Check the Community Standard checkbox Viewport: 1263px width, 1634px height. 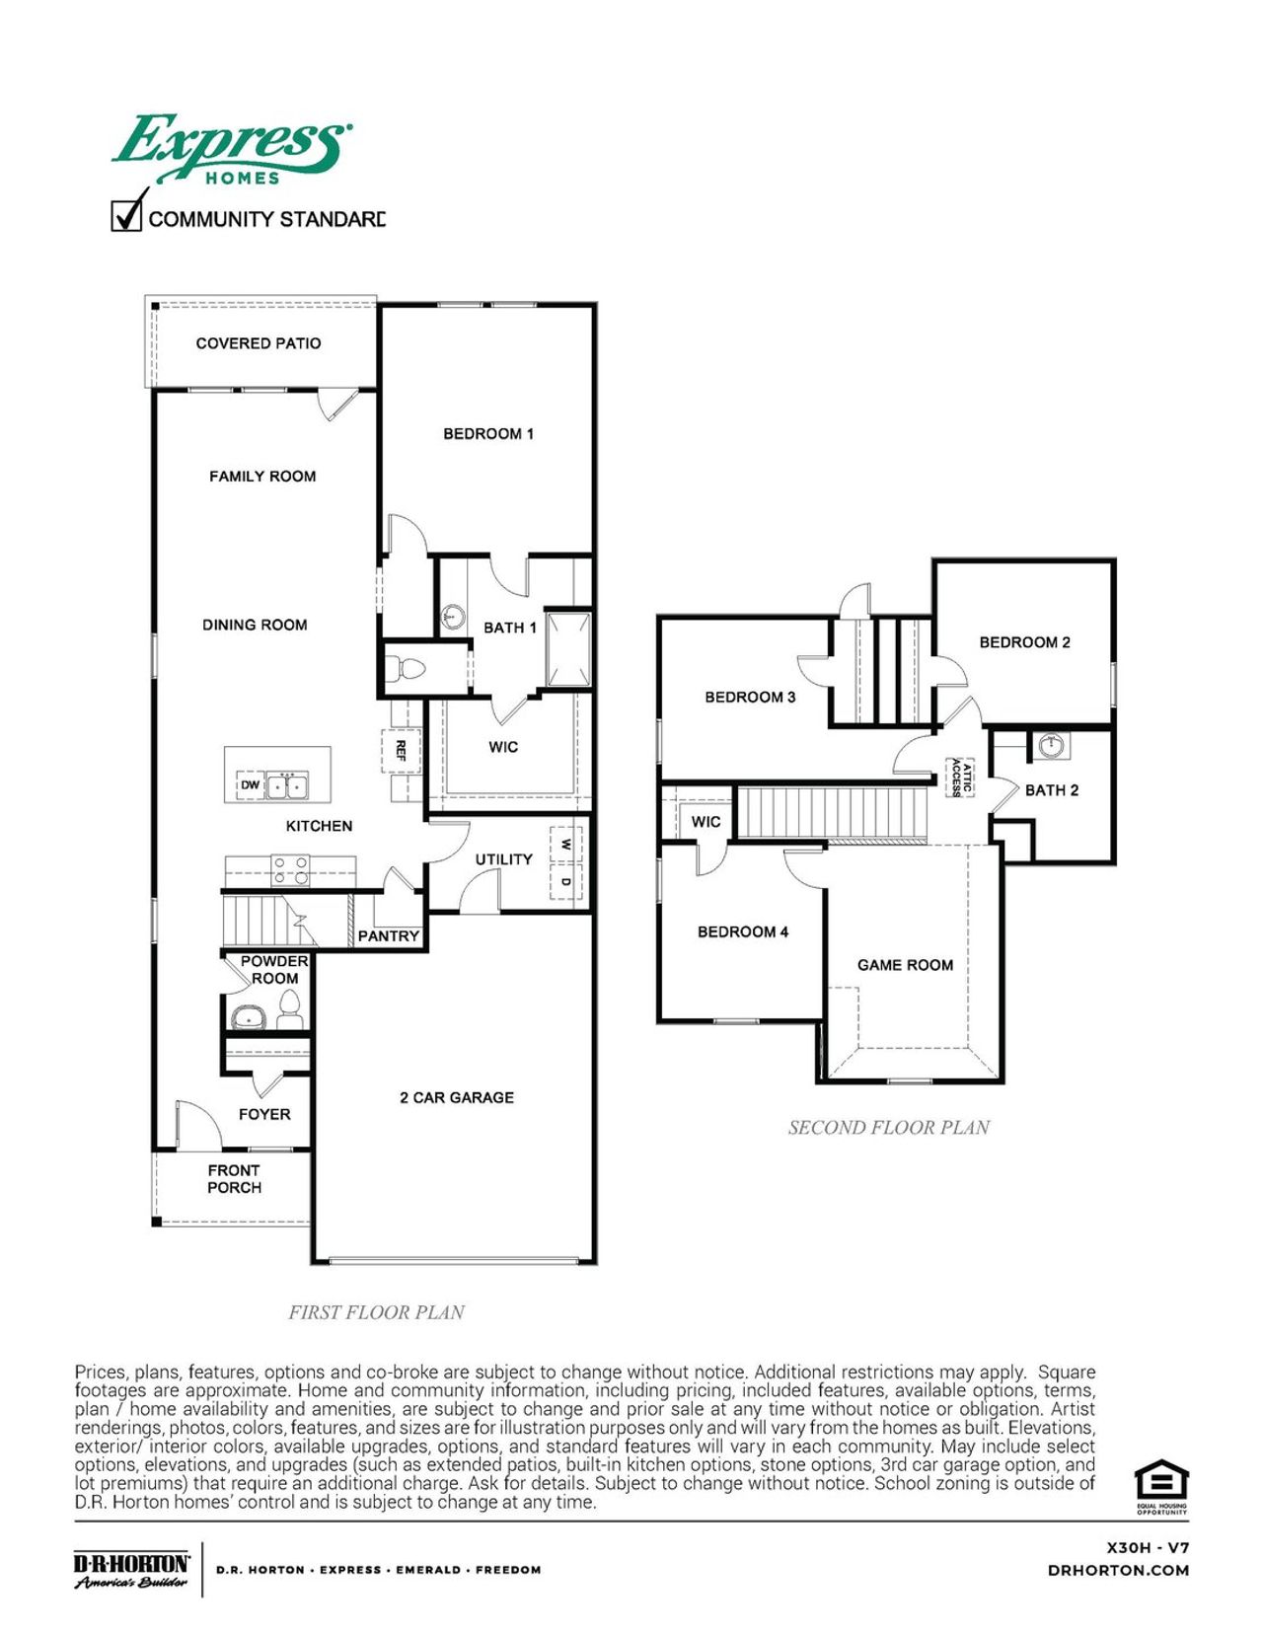coord(126,215)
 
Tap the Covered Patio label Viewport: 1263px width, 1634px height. coord(258,343)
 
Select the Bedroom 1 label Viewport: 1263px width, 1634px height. coord(487,433)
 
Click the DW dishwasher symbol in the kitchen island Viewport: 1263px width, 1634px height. coord(250,785)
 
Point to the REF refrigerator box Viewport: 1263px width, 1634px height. coord(401,750)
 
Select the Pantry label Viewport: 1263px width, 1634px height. coord(388,935)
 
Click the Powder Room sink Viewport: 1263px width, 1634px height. coord(248,1017)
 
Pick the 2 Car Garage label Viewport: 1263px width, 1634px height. coord(456,1097)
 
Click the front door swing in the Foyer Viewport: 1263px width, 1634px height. coord(197,1125)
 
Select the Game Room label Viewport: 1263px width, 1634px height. coord(905,965)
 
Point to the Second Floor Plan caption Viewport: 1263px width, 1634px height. coord(888,1127)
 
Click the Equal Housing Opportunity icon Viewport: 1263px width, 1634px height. coord(1160,1485)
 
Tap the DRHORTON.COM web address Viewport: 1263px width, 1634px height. coord(1118,1570)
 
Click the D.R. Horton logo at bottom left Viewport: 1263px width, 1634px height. coord(131,1569)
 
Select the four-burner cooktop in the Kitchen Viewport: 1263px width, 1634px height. coord(290,869)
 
